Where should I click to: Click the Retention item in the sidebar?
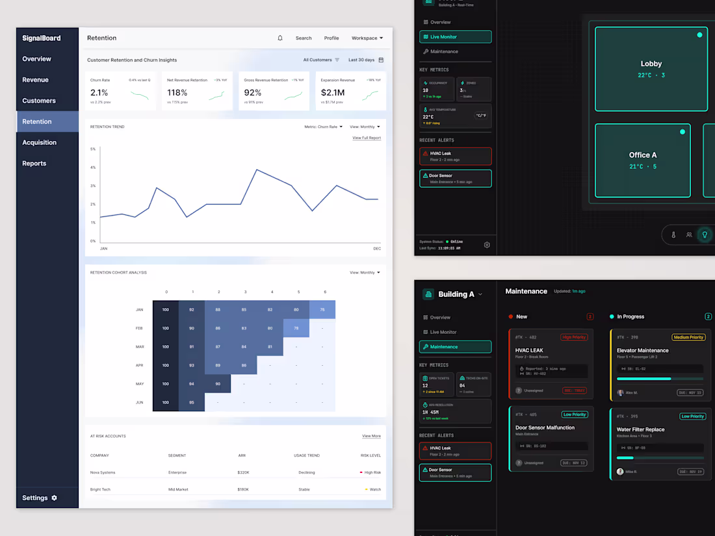(x=37, y=121)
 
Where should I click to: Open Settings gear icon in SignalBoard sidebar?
(x=55, y=498)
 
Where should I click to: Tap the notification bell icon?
(x=280, y=38)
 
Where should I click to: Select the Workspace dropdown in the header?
(x=367, y=38)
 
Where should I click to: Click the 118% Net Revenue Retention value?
(x=177, y=93)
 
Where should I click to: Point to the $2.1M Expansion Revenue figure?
(x=333, y=93)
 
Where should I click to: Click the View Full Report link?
(x=367, y=138)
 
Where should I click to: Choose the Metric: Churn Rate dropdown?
(x=323, y=127)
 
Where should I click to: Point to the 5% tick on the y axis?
(x=93, y=149)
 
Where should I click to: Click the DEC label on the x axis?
(x=377, y=249)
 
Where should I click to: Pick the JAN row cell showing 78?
(x=322, y=310)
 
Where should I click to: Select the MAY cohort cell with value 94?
(x=192, y=384)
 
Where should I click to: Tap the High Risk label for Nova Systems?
(x=372, y=472)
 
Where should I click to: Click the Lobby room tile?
(x=651, y=69)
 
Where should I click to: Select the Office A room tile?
(x=642, y=160)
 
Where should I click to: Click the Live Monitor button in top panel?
(x=455, y=37)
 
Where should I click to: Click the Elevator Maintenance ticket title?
(x=642, y=350)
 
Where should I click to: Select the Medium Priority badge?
(x=688, y=337)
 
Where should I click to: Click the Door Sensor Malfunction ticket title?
(x=545, y=428)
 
